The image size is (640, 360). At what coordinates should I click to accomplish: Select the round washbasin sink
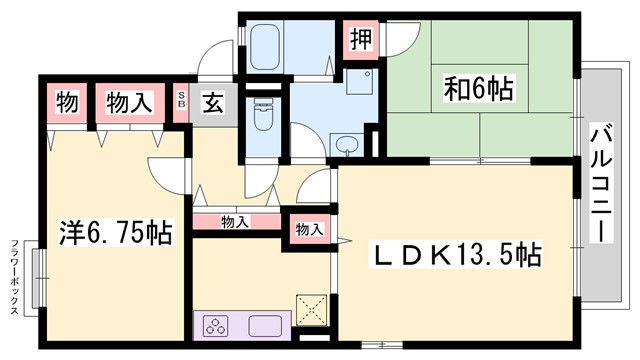(347, 144)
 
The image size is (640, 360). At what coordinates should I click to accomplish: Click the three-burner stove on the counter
(217, 326)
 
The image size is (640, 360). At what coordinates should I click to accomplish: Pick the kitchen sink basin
(266, 326)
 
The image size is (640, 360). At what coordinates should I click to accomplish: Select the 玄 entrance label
(213, 101)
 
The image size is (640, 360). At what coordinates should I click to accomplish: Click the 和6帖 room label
(478, 90)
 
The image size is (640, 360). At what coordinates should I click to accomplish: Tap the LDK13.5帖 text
(458, 255)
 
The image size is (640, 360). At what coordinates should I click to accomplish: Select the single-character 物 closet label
(65, 101)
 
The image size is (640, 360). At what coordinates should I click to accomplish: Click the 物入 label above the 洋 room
(130, 101)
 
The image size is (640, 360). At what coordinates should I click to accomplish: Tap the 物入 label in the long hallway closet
(235, 222)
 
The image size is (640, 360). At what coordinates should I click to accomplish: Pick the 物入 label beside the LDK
(309, 229)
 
